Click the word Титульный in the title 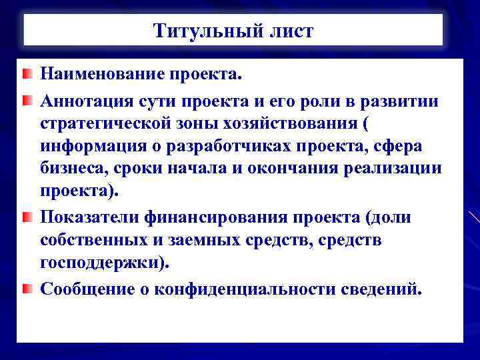pos(200,31)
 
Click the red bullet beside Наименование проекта pos(25,73)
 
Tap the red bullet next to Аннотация pos(25,101)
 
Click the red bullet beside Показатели pos(25,218)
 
